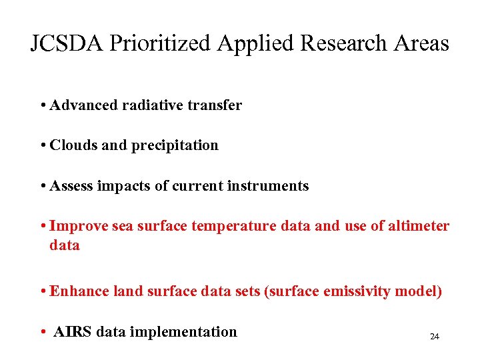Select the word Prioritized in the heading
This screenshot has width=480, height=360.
tap(159, 43)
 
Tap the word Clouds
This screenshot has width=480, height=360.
tap(73, 145)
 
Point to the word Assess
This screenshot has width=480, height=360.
tap(72, 186)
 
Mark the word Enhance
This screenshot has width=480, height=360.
tap(79, 291)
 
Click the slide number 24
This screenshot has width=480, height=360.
tap(435, 337)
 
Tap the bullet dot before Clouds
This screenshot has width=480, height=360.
tap(43, 146)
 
